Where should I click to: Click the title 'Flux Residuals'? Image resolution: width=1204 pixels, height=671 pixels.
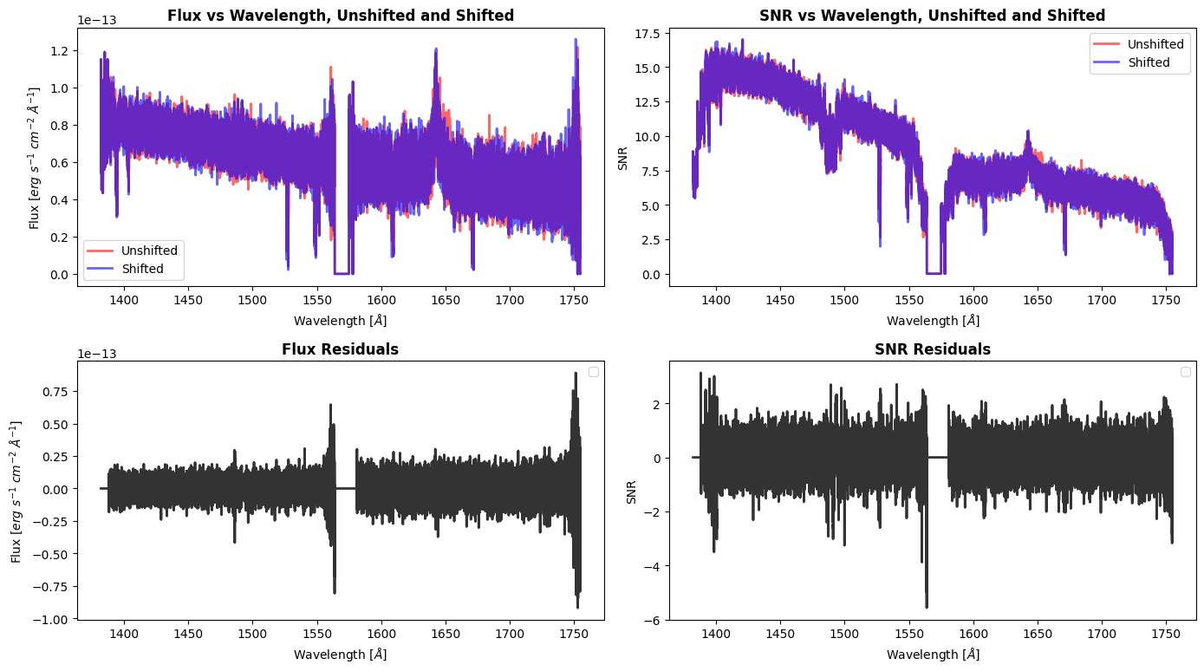pyautogui.click(x=340, y=349)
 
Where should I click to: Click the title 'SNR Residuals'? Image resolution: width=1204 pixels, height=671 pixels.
pyautogui.click(x=932, y=349)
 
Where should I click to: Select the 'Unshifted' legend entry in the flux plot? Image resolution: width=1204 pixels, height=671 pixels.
pyautogui.click(x=149, y=251)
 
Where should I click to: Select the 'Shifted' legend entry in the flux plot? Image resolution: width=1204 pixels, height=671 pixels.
pyautogui.click(x=143, y=269)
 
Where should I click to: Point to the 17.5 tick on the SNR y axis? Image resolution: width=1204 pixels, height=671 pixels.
pyautogui.click(x=647, y=34)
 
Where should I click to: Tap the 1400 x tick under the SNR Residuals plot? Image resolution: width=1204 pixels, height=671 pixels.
pyautogui.click(x=716, y=633)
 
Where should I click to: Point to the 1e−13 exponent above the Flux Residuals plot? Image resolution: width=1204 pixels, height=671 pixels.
pyautogui.click(x=96, y=354)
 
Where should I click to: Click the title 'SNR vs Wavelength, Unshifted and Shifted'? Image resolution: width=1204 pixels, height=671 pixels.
pyautogui.click(x=932, y=16)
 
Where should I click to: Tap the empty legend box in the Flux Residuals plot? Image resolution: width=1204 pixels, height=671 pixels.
pyautogui.click(x=594, y=372)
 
